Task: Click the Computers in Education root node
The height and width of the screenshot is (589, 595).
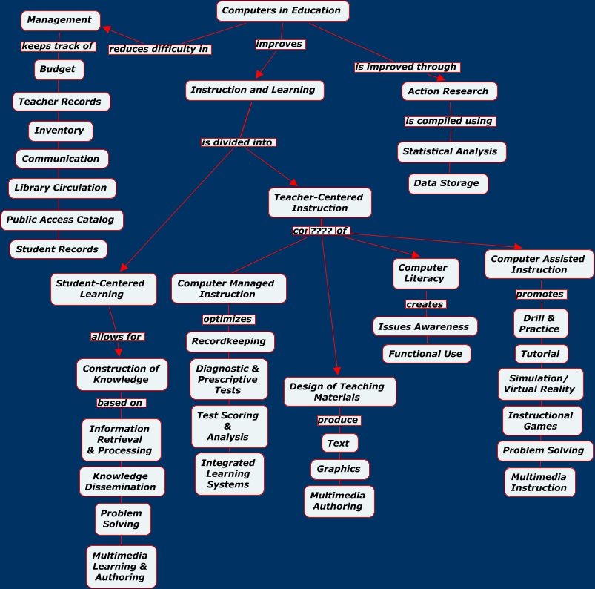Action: (282, 10)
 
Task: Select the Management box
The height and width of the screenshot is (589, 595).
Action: (60, 20)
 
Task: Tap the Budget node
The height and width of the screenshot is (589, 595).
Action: (59, 70)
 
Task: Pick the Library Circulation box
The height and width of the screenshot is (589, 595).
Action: (62, 188)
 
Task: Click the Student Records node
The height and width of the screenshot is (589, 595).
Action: (58, 249)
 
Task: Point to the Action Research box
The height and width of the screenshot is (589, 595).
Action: (449, 91)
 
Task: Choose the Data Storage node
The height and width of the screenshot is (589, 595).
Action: (448, 183)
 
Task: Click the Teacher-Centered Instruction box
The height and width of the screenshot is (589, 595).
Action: (319, 203)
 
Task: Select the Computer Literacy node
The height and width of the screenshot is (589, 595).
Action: (425, 273)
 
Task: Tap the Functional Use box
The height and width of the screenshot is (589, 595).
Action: (426, 354)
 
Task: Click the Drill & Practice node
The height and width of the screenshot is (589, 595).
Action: (540, 323)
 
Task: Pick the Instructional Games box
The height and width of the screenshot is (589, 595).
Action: (541, 421)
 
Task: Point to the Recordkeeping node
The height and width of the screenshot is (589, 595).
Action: (230, 342)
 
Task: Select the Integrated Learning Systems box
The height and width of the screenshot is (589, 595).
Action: (229, 474)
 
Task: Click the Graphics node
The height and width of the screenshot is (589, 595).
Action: (339, 469)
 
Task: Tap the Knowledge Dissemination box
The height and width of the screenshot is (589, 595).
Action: (122, 481)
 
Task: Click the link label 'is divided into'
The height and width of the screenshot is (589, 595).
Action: (238, 142)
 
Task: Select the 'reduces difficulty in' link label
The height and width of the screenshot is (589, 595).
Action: (159, 50)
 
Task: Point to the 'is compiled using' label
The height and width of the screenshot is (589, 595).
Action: (449, 121)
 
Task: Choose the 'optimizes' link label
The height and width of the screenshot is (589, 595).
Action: (228, 319)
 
